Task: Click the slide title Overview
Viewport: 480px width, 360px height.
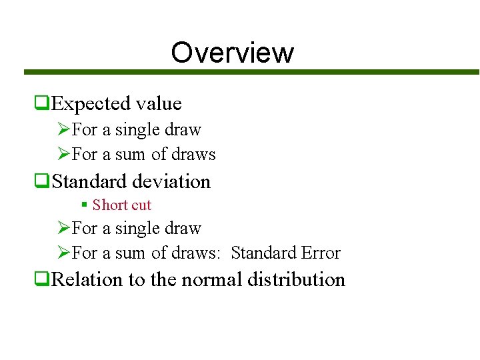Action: click(232, 52)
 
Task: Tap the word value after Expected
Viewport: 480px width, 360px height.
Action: click(158, 103)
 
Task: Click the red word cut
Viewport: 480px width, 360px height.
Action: click(141, 205)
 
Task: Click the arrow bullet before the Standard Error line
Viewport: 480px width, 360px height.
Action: click(64, 253)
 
